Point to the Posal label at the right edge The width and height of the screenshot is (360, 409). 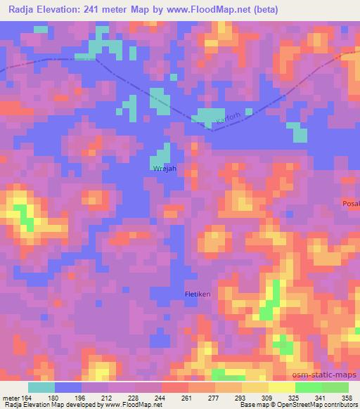pos(351,203)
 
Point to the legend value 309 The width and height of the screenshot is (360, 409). pos(268,397)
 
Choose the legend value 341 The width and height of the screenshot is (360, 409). pos(321,397)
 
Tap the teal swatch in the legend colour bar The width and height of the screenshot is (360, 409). pos(41,387)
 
